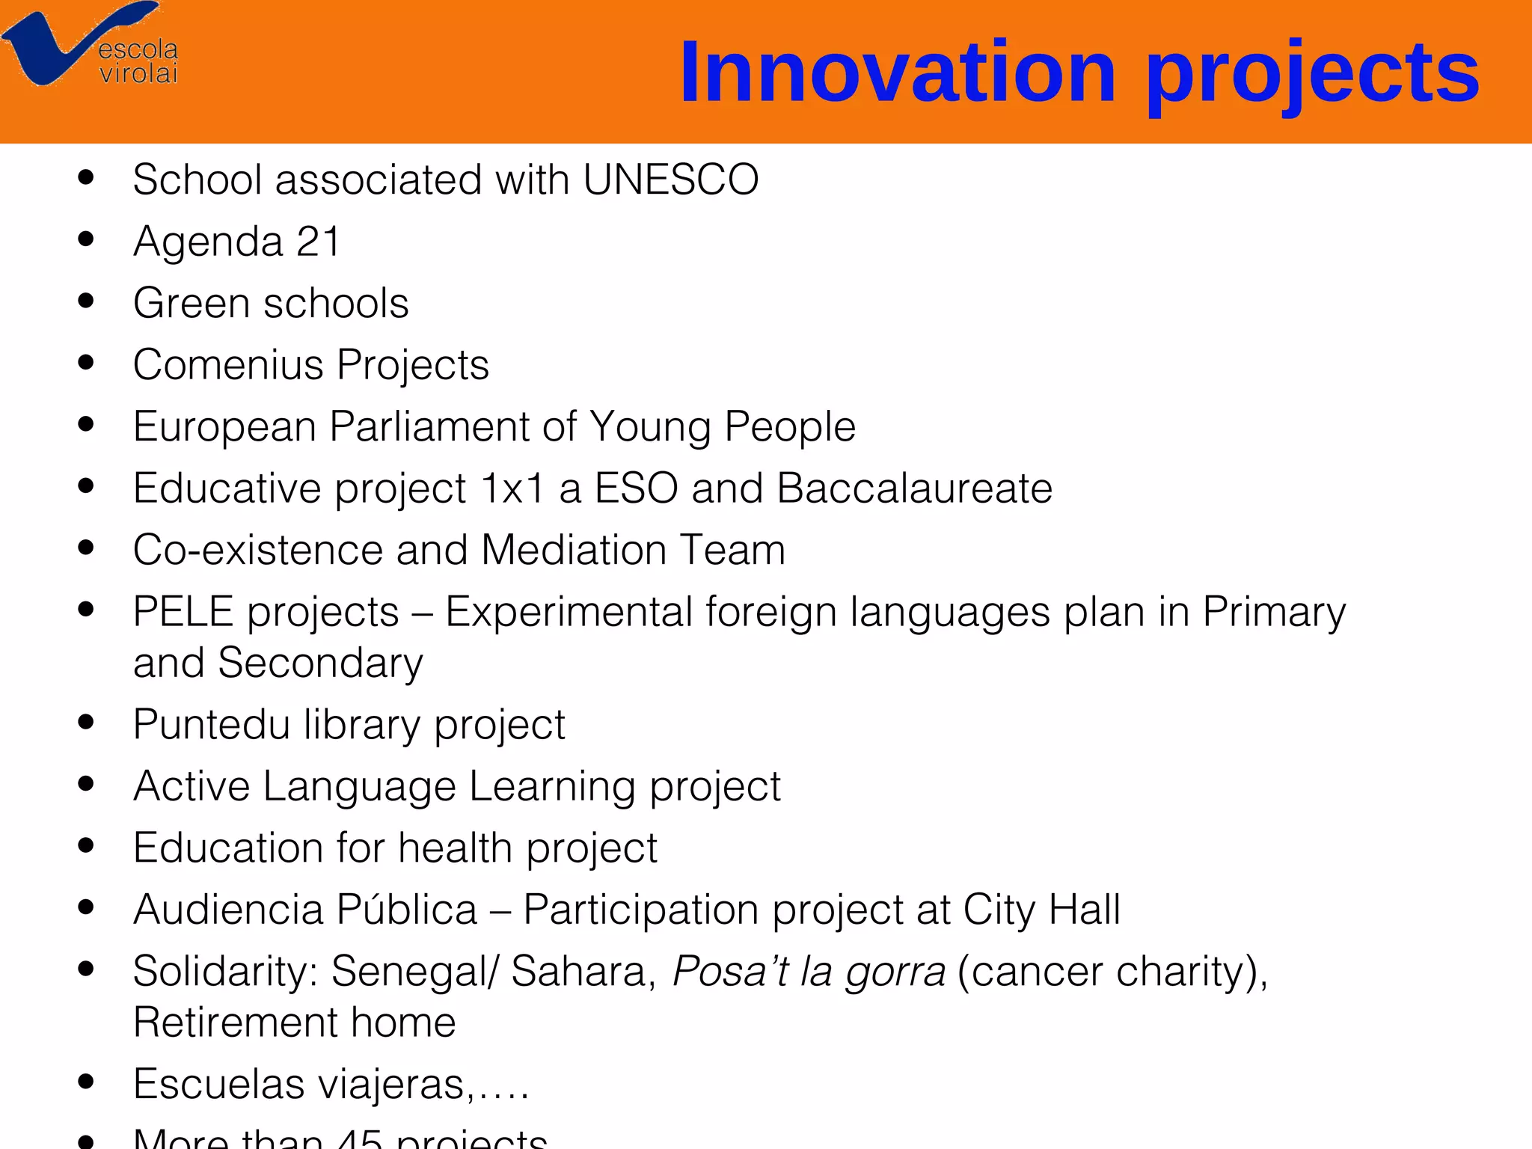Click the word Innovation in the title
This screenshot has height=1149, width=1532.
pos(898,73)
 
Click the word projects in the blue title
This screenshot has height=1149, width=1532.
pos(1312,75)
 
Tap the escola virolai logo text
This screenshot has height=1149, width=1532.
pos(138,62)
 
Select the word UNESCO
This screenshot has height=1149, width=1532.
pos(670,180)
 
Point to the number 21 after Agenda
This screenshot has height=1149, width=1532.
pos(318,242)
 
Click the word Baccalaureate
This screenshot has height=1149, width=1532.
pos(914,488)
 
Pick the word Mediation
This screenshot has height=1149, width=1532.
pos(574,550)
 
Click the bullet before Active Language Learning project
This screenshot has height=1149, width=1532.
pos(86,785)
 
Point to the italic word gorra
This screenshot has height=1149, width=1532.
pos(895,972)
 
